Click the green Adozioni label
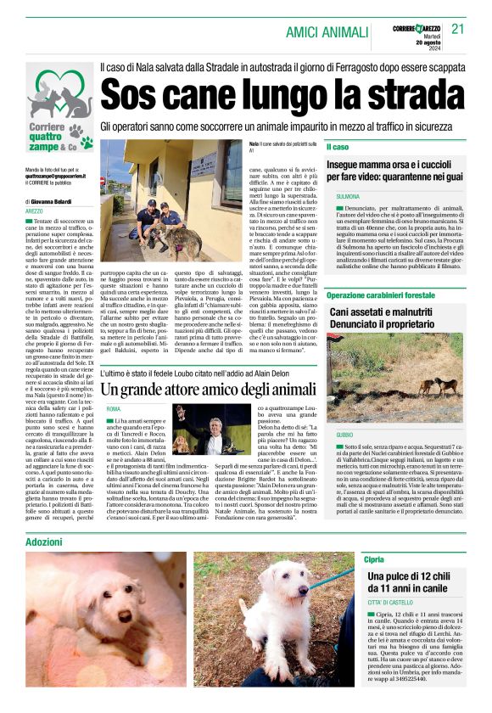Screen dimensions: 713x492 tap(43, 541)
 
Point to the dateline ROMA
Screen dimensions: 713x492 tap(114, 409)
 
